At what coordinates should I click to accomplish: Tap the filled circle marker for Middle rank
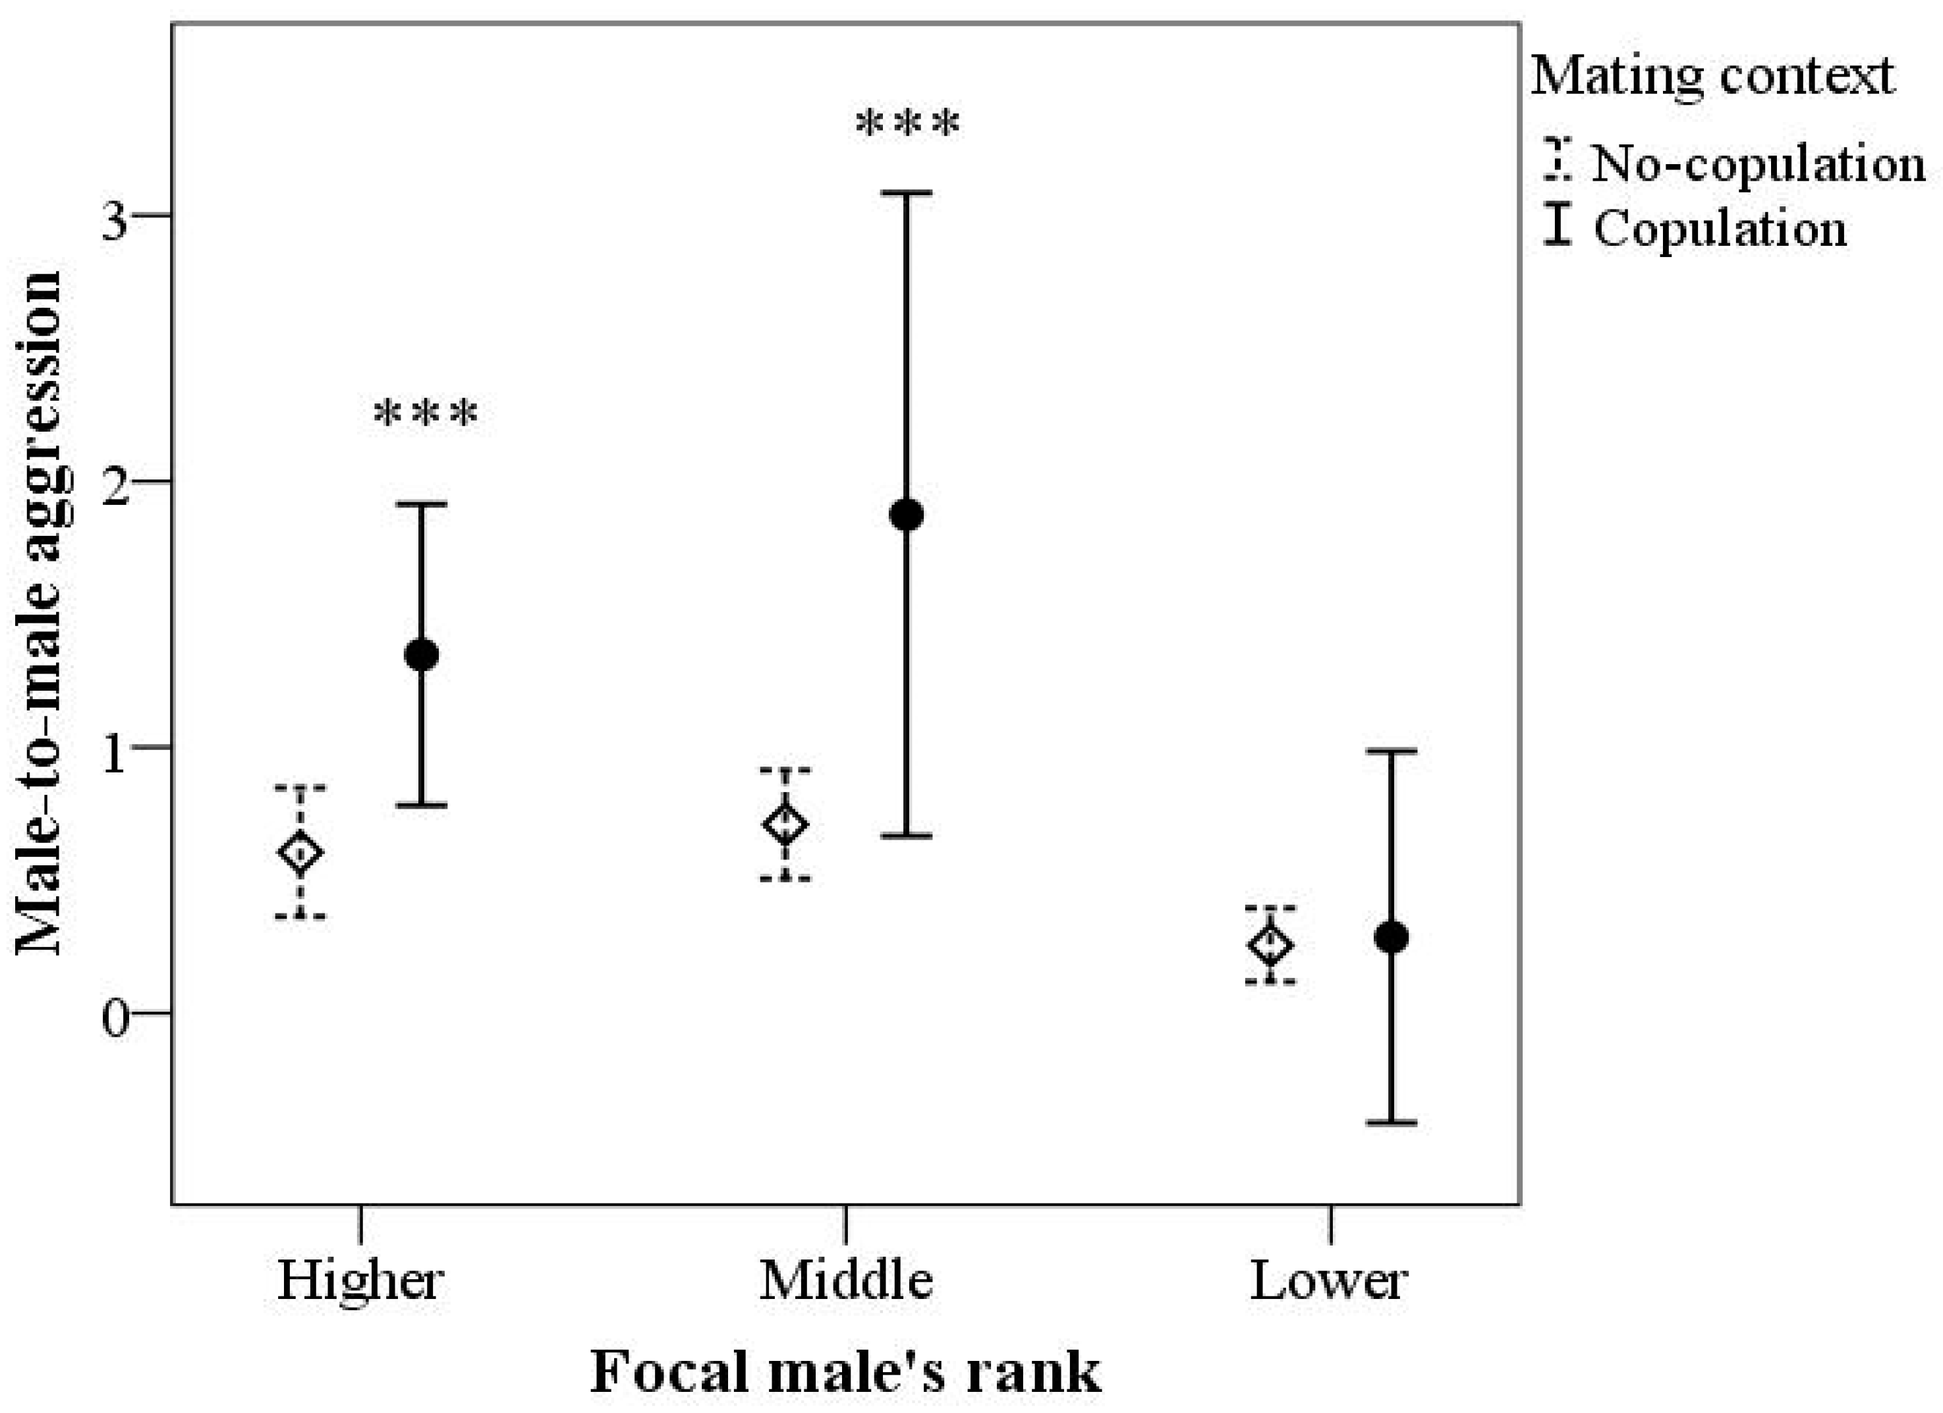(x=907, y=515)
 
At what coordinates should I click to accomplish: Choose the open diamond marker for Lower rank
(x=1270, y=945)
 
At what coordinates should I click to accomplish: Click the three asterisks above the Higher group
(x=426, y=415)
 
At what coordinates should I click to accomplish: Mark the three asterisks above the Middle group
(x=908, y=125)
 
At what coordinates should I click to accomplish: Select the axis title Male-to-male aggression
(x=39, y=613)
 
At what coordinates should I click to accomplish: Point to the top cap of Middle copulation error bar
(x=907, y=194)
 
